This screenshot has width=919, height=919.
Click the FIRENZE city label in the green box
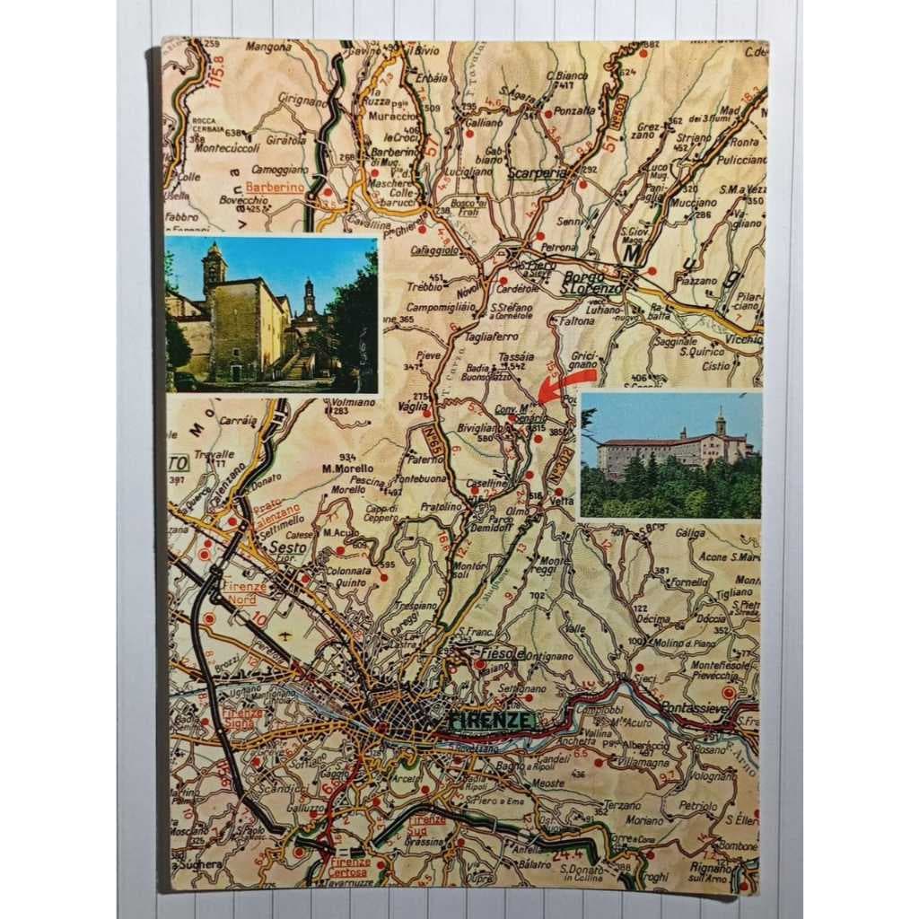click(x=492, y=721)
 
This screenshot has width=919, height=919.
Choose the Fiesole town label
click(x=503, y=652)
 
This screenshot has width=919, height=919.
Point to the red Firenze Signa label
click(x=242, y=718)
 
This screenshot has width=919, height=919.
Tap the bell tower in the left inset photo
click(x=214, y=267)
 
